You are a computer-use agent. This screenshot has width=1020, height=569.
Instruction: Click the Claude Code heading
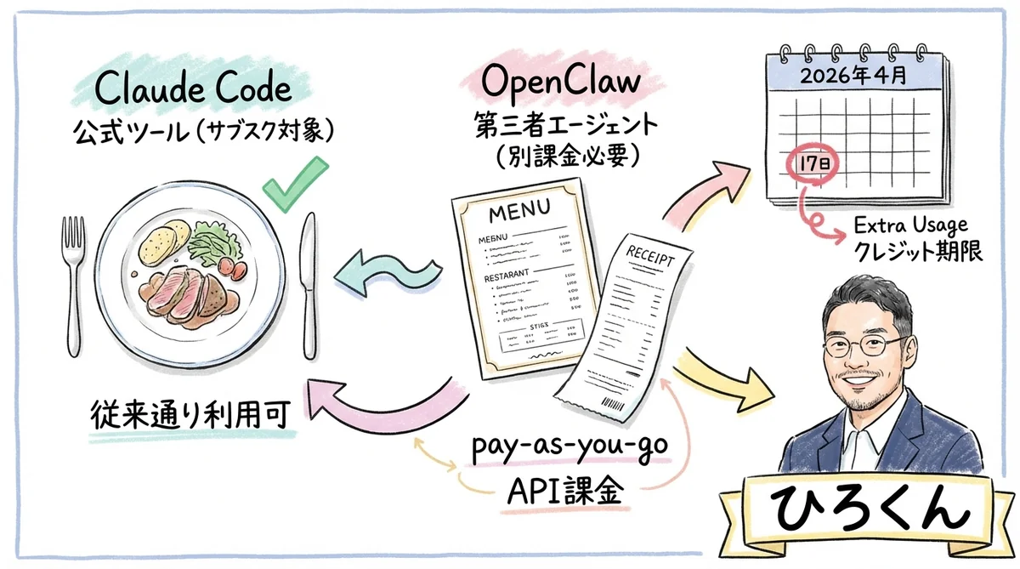click(193, 88)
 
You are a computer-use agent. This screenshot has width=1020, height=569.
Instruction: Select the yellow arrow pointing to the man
click(731, 378)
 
